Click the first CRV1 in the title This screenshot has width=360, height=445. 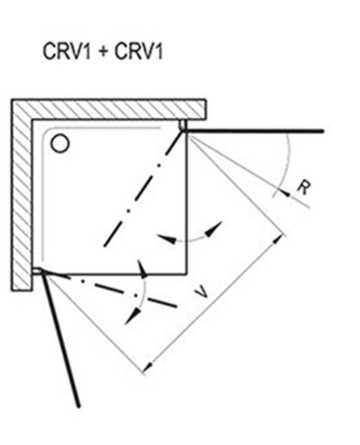[67, 51]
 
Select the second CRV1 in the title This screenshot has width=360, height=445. [139, 51]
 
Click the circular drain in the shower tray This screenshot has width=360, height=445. [60, 143]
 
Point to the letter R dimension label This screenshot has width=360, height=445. [304, 188]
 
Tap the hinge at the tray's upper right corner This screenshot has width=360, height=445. [183, 126]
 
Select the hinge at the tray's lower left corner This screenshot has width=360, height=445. [37, 271]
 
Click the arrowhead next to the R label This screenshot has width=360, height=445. [285, 193]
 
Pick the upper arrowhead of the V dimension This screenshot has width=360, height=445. [278, 239]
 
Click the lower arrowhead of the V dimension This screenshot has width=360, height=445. [148, 367]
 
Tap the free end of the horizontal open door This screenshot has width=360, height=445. [323, 131]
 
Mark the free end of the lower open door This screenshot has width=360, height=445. [78, 406]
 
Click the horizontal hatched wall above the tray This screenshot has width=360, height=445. [119, 109]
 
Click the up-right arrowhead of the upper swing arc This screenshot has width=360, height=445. [214, 229]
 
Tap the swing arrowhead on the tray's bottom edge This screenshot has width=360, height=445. [143, 269]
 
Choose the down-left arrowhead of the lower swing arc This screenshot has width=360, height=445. [132, 316]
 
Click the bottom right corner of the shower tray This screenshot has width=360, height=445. [187, 274]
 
